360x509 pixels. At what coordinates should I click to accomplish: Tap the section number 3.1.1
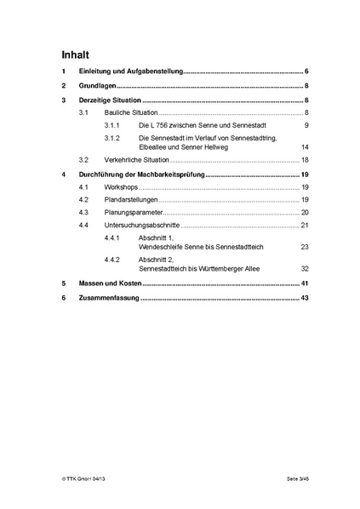tap(112, 125)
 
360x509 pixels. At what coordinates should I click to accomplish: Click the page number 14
tap(305, 147)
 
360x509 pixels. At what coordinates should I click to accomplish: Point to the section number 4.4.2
tap(112, 259)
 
